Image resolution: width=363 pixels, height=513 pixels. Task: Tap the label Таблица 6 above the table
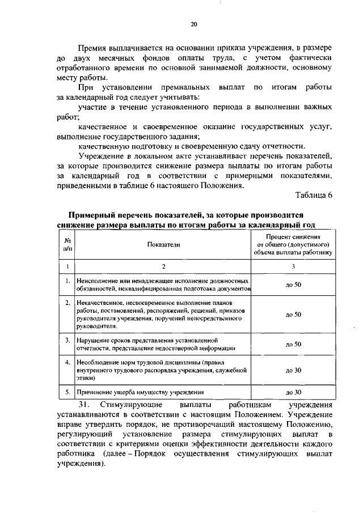314,196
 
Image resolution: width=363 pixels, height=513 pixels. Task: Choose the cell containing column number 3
293,266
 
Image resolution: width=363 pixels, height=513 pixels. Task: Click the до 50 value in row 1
293,285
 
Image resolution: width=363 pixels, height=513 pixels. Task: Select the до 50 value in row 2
293,314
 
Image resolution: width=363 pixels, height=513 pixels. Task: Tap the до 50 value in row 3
293,344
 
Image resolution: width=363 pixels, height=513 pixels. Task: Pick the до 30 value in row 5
293,392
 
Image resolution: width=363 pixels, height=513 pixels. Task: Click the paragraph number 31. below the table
85,405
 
